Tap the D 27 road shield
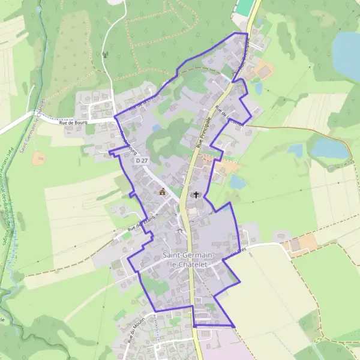[142, 161]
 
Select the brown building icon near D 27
[162, 192]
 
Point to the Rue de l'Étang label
[142, 224]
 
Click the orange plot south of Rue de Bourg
[39, 158]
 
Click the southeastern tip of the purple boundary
[234, 326]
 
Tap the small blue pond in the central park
[157, 128]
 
